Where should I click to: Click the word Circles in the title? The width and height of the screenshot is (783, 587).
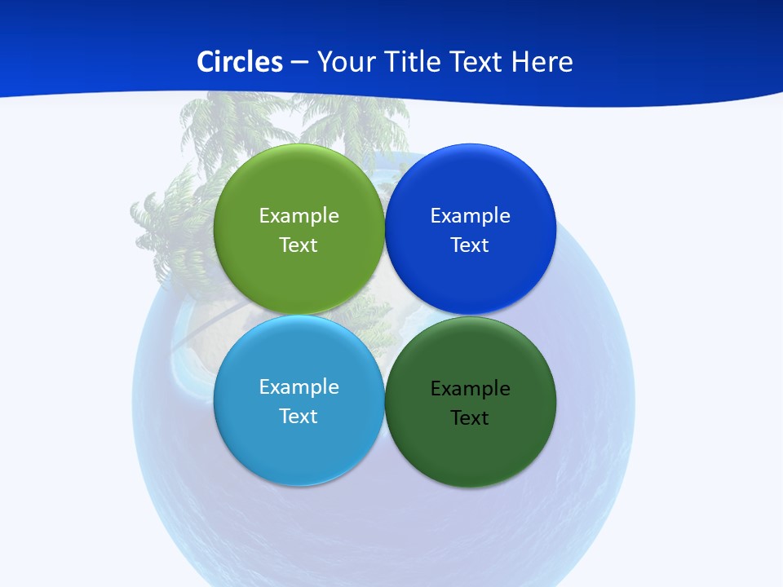239,62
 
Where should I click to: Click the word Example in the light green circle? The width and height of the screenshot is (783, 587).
299,215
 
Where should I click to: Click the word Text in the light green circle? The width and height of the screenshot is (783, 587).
299,245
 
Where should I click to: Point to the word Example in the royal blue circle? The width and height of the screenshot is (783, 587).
470,215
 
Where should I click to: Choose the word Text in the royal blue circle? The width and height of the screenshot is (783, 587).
470,245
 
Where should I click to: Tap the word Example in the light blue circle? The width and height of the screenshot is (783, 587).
299,386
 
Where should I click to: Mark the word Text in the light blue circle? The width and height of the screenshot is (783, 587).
299,416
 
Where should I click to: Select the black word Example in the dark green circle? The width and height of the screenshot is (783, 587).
470,388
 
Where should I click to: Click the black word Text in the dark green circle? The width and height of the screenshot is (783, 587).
470,417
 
